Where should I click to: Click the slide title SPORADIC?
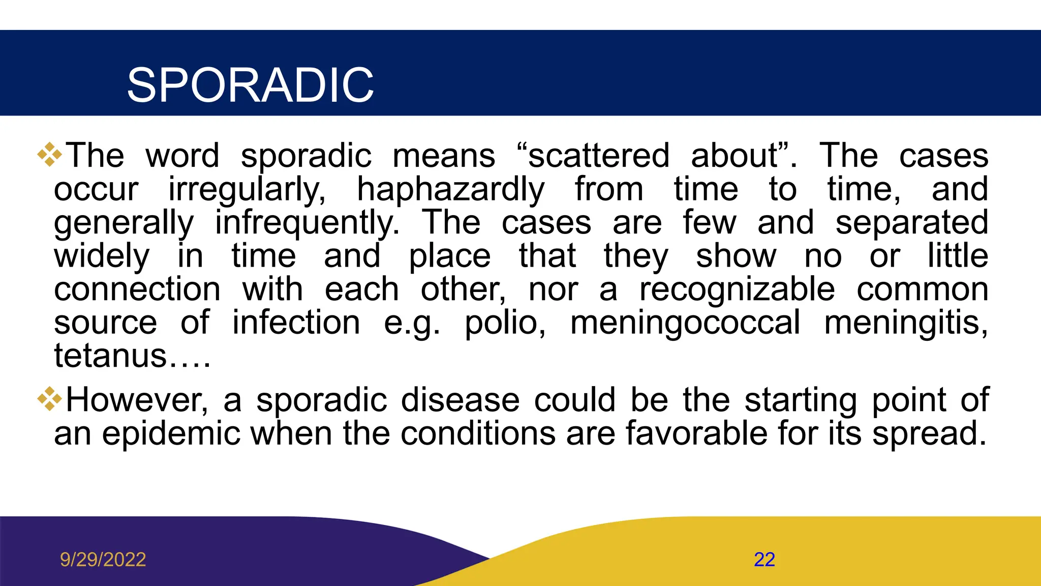click(x=250, y=85)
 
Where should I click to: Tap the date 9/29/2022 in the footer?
click(x=103, y=560)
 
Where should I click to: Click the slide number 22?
click(x=764, y=560)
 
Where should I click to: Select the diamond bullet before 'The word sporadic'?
click(x=50, y=155)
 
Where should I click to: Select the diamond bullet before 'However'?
click(x=50, y=399)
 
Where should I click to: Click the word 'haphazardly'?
click(x=450, y=190)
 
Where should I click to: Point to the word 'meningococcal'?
click(x=685, y=323)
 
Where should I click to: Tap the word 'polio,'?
click(x=505, y=323)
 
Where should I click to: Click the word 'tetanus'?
click(x=110, y=356)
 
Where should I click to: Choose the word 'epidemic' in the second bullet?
click(x=171, y=434)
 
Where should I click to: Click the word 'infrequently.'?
click(x=307, y=223)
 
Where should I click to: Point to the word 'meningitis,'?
click(x=906, y=323)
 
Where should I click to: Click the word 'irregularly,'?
click(x=247, y=190)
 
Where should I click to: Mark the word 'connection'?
click(x=137, y=289)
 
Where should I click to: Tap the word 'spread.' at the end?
click(x=929, y=434)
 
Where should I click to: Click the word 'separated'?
click(x=911, y=223)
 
